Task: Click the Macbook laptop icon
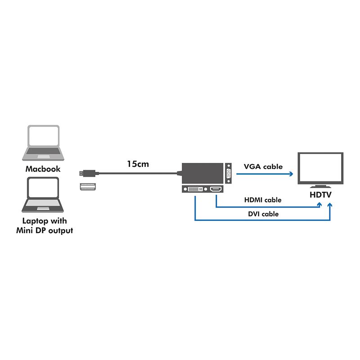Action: (x=42, y=143)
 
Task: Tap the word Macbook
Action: (x=42, y=169)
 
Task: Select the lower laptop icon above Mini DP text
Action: (x=42, y=195)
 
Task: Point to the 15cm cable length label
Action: (x=138, y=164)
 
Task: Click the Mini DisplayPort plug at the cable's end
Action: (x=88, y=173)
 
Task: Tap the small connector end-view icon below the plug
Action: (x=88, y=187)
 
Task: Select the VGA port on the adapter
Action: (x=229, y=173)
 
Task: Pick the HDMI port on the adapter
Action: (x=216, y=189)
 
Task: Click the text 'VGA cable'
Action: (x=263, y=166)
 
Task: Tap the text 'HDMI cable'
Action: (x=263, y=200)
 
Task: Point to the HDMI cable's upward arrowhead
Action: (x=320, y=205)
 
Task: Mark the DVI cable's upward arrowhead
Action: (x=331, y=205)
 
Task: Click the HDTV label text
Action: (x=320, y=195)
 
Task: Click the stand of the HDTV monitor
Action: (x=320, y=185)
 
